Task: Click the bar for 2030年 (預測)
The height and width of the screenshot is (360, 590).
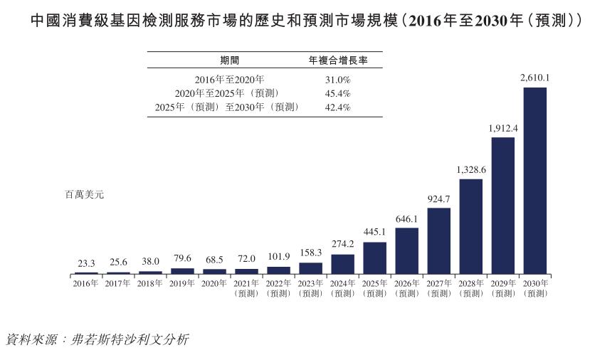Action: click(x=535, y=181)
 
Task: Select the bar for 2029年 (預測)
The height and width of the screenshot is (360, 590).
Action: click(x=503, y=206)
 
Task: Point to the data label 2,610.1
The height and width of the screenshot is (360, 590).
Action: click(x=535, y=78)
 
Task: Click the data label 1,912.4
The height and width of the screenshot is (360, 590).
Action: click(x=503, y=128)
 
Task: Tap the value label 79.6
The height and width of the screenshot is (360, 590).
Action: click(x=182, y=259)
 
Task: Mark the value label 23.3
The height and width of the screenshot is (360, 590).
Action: click(x=86, y=263)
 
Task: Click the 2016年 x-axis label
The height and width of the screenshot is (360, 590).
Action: click(x=86, y=283)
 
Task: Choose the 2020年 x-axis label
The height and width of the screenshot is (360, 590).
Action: click(x=214, y=283)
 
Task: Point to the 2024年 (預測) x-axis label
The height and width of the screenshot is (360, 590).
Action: click(x=342, y=287)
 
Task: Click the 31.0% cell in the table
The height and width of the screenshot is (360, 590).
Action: click(x=337, y=80)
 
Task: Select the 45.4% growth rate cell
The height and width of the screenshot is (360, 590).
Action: click(x=337, y=93)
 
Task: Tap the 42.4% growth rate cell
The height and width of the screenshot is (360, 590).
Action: click(x=337, y=107)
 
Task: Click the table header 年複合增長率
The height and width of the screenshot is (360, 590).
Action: click(x=337, y=60)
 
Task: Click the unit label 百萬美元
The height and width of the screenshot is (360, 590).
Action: click(x=84, y=194)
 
